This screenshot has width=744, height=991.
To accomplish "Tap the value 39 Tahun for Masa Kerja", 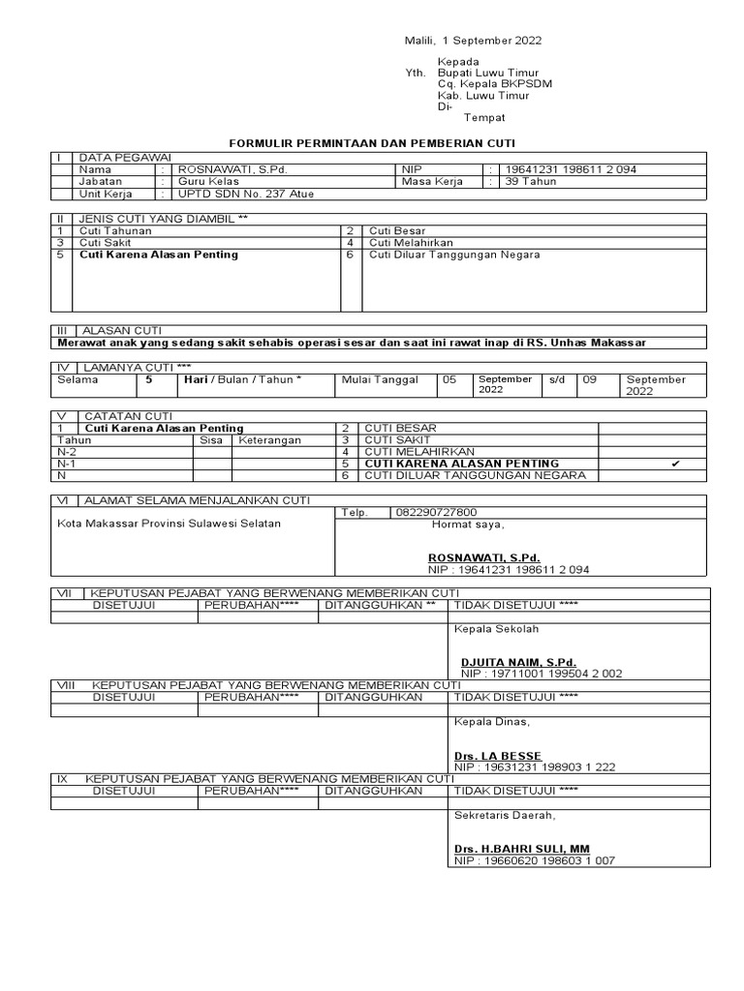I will [528, 181].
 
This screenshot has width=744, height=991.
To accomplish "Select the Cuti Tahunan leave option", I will [115, 231].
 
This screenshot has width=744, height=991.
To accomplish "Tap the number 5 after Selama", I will [149, 379].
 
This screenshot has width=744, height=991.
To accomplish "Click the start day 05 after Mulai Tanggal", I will [449, 379].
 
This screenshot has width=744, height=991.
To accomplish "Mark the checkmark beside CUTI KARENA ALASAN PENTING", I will [675, 464].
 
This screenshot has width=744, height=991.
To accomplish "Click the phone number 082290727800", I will [436, 512].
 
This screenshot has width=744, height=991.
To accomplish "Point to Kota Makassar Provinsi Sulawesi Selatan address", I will [170, 524].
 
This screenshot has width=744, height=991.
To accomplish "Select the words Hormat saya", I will [468, 525].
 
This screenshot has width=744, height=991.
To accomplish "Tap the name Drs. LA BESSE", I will [498, 755].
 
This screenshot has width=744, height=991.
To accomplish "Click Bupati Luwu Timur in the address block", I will [488, 73].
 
